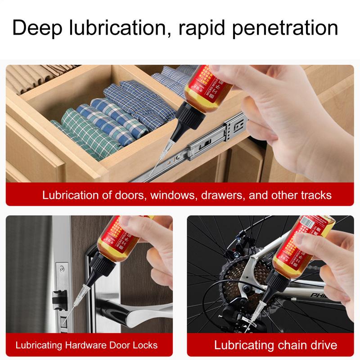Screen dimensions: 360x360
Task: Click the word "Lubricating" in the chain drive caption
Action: pyautogui.click(x=243, y=346)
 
